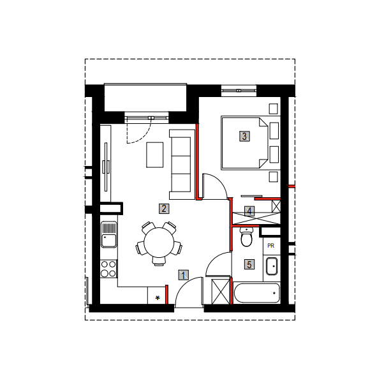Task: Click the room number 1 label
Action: [x=183, y=275]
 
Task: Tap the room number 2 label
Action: [x=164, y=209]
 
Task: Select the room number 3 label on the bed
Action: [x=244, y=137]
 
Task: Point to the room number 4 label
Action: [x=249, y=211]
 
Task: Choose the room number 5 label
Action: [x=249, y=264]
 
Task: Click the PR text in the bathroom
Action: [x=270, y=246]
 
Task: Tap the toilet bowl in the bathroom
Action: [x=246, y=237]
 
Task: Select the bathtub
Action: [x=256, y=293]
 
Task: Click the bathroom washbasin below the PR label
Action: [x=272, y=266]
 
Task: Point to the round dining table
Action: [x=159, y=243]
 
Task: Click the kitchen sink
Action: [x=109, y=234]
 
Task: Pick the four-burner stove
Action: [x=108, y=269]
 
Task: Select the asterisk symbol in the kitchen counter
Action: [x=158, y=297]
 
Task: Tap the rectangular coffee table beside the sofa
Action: [x=155, y=155]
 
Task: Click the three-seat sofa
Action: [x=182, y=165]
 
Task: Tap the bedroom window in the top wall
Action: [x=239, y=91]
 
